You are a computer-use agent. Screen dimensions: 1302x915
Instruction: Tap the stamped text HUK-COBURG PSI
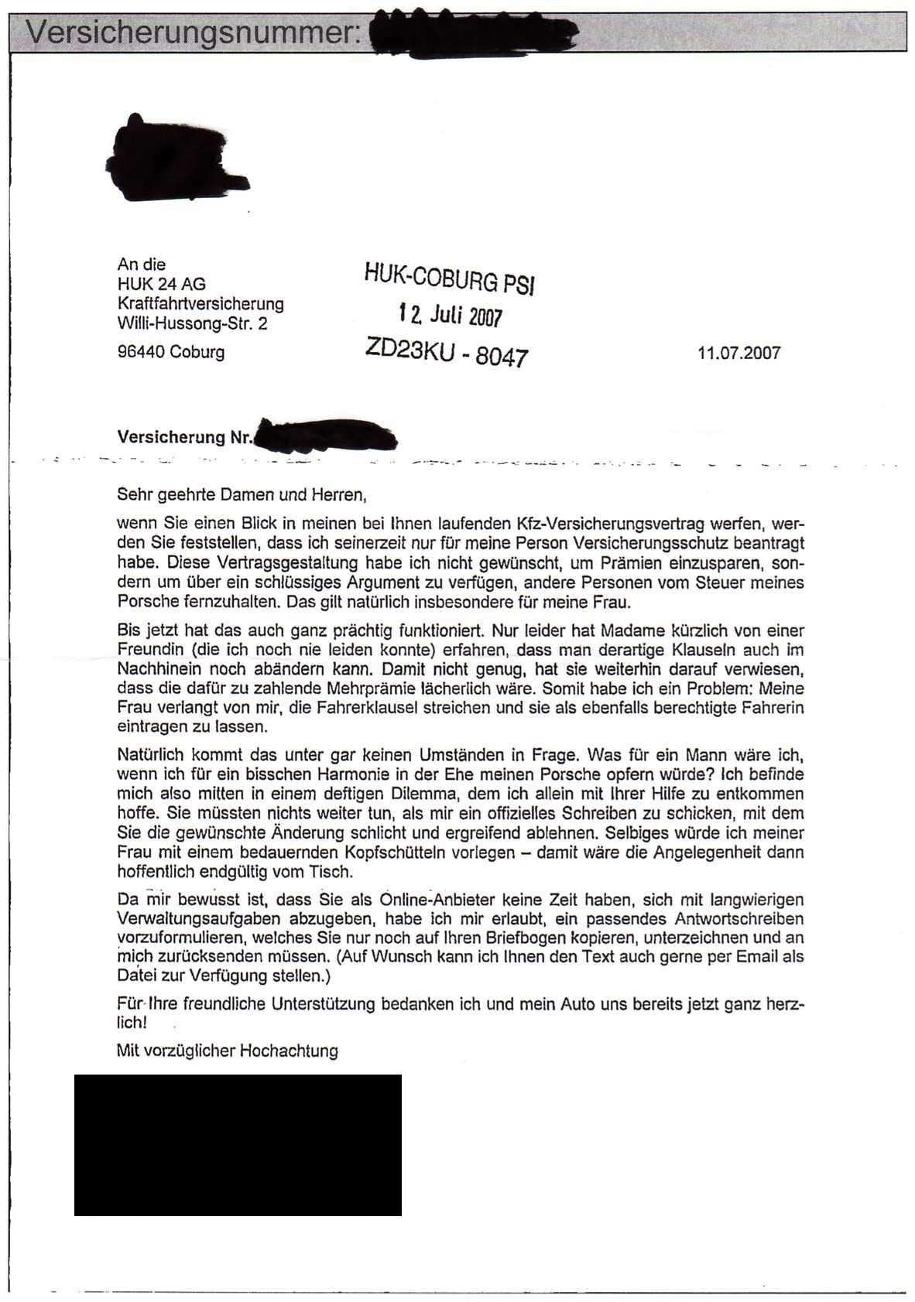click(449, 278)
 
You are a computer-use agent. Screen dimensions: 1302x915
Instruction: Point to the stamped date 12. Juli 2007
click(451, 315)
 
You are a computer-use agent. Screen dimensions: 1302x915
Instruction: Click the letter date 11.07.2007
click(739, 354)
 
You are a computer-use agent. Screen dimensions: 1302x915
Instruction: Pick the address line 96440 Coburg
click(171, 352)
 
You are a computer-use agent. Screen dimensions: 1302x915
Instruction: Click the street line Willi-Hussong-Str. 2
click(192, 323)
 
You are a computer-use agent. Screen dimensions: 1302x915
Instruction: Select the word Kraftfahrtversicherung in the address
click(200, 304)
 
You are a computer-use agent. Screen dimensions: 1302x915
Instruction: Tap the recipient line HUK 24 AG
click(161, 284)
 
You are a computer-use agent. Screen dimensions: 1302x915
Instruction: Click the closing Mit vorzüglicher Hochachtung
click(227, 1051)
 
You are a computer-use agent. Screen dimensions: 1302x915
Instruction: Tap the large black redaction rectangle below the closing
click(238, 1144)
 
